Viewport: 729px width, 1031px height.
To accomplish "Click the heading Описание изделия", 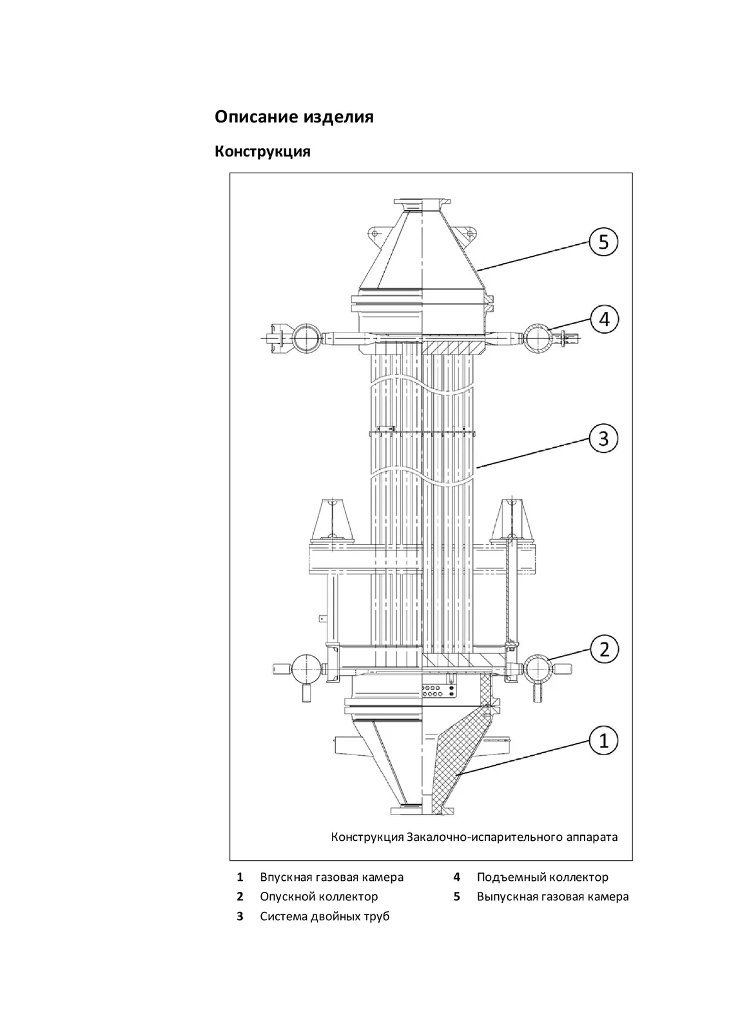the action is pos(294,117).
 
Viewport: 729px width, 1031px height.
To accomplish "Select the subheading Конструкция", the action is pos(262,152).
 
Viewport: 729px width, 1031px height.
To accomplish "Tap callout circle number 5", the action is pos(604,242).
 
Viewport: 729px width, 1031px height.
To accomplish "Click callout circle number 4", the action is pos(604,319).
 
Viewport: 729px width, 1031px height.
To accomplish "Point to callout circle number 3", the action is pos(603,439).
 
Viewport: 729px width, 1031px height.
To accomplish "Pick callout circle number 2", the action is pos(604,650).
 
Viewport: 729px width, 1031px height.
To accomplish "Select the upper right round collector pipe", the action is pos(538,338).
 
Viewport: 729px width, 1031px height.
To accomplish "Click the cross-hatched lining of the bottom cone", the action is pos(454,760).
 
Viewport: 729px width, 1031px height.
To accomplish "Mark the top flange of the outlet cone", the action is pos(422,204).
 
